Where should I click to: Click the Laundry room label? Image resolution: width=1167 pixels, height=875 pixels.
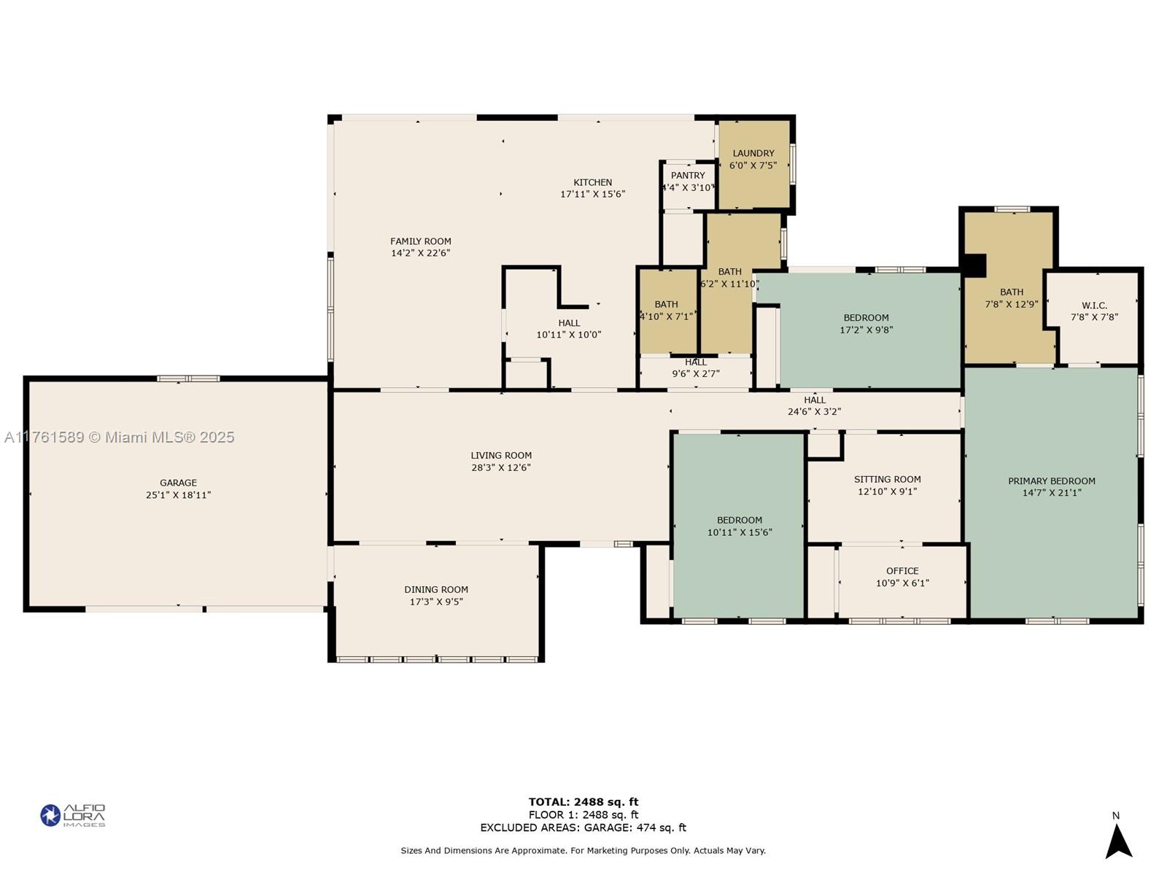click(753, 153)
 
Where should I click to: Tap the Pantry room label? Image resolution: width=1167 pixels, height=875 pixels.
click(688, 175)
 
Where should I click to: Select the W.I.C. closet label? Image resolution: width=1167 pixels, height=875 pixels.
click(1094, 306)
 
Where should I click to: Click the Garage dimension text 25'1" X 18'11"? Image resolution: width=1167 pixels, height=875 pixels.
click(178, 495)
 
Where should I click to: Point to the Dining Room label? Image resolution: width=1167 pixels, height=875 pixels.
click(436, 590)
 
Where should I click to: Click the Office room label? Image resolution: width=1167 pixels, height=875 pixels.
click(902, 571)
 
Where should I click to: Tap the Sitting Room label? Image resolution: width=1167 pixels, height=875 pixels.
click(887, 479)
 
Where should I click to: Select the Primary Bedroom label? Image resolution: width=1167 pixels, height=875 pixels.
click(1051, 481)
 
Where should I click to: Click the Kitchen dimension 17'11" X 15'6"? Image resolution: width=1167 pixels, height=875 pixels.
click(592, 194)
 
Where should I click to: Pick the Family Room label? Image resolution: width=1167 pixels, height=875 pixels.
click(420, 241)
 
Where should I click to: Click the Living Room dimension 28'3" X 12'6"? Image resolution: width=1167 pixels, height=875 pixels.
click(500, 467)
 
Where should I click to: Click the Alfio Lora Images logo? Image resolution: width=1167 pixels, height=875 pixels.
click(73, 815)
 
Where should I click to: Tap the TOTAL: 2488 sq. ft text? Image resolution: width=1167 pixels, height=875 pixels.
click(583, 802)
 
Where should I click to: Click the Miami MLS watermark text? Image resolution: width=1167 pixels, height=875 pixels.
click(119, 437)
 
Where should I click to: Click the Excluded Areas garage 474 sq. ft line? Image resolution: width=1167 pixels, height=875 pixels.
click(583, 828)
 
